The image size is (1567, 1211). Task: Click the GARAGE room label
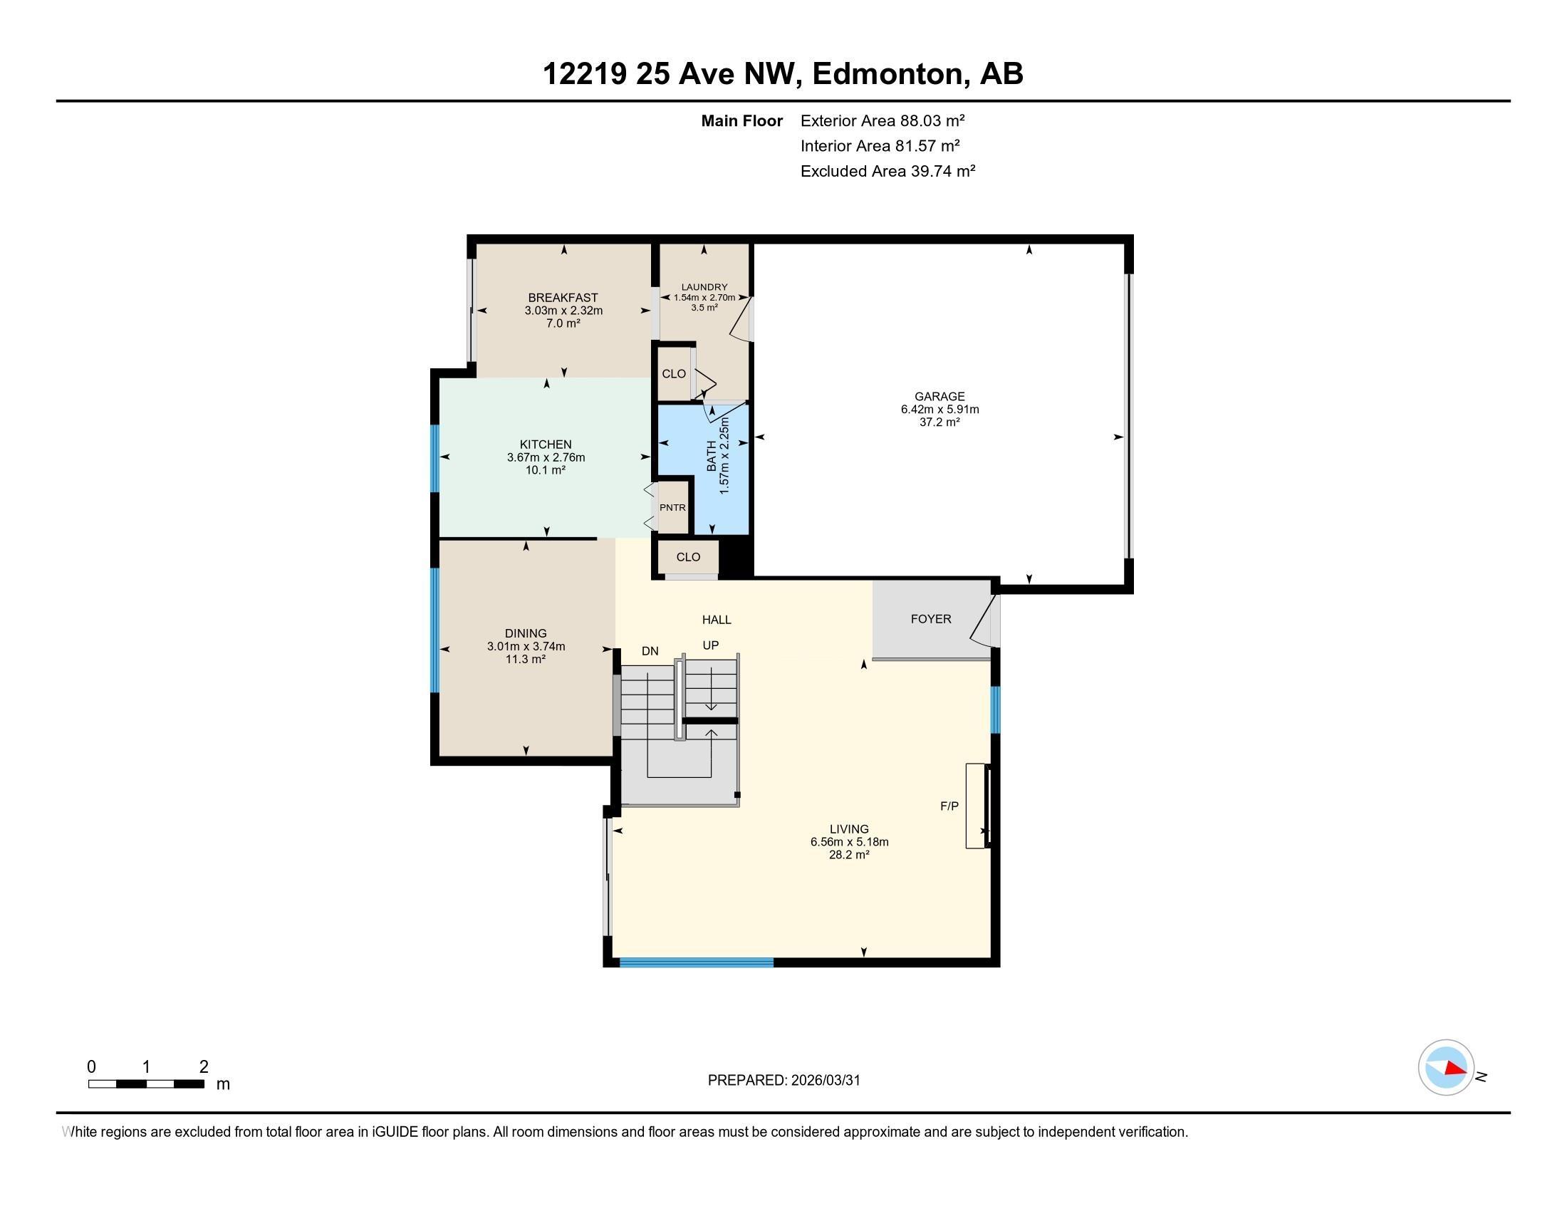coord(939,396)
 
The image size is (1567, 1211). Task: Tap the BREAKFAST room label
coord(563,298)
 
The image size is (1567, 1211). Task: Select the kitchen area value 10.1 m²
coord(546,470)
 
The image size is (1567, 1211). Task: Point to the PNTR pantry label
coord(672,507)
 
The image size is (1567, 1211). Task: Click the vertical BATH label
coord(711,456)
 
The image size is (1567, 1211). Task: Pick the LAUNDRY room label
coord(704,287)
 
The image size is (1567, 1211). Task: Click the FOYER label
coord(931,618)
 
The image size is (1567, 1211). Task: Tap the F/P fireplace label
coord(949,806)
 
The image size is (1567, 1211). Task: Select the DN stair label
coord(650,651)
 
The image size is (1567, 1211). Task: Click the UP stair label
coord(710,645)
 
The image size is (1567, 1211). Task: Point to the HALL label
coord(716,620)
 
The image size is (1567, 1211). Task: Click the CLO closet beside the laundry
coord(673,374)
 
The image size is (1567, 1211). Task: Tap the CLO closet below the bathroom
coord(687,557)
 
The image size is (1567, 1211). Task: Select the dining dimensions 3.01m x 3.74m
coord(526,646)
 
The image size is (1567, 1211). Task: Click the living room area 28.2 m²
coord(849,854)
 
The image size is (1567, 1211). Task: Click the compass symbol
coord(1445,1067)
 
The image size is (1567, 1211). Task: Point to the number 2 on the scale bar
coord(204,1067)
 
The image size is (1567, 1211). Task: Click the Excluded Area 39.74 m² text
coord(887,172)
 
